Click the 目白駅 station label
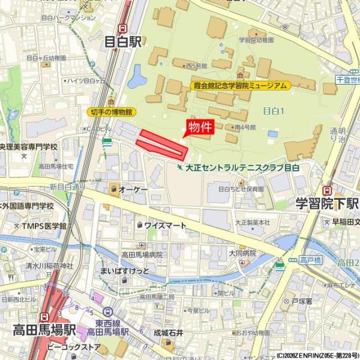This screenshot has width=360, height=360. (x=123, y=42)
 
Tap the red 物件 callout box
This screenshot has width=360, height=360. (x=200, y=127)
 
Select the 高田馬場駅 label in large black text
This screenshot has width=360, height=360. (x=46, y=330)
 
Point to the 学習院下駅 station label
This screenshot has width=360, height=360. (x=327, y=203)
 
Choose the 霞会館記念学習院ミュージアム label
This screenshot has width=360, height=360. (x=239, y=86)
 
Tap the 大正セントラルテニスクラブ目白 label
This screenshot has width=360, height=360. (x=242, y=167)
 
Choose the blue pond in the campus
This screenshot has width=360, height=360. (x=136, y=77)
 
